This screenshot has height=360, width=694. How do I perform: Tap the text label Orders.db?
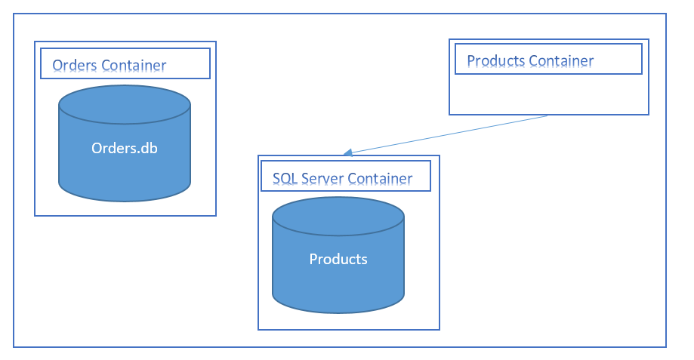(125, 148)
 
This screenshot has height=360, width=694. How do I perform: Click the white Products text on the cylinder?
(338, 259)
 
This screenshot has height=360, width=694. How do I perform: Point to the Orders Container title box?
(125, 64)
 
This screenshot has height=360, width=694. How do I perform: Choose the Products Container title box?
(548, 59)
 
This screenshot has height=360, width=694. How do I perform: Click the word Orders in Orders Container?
(74, 66)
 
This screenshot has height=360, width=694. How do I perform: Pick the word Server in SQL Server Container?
(322, 179)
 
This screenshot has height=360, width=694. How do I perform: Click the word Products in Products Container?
(496, 61)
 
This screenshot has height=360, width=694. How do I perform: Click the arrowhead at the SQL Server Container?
(347, 153)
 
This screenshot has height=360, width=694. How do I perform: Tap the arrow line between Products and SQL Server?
(446, 134)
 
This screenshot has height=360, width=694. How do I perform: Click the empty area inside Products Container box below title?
(548, 94)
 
